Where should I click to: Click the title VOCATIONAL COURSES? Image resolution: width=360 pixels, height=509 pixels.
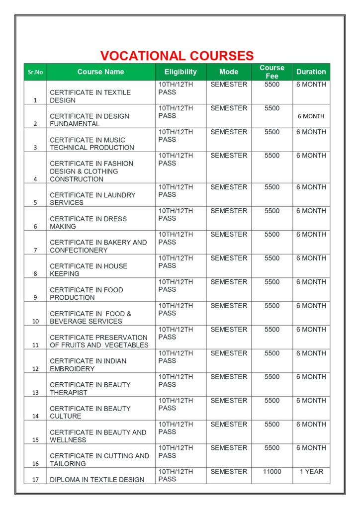(x=177, y=56)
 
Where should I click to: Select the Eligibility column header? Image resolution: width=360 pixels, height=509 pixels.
(x=180, y=72)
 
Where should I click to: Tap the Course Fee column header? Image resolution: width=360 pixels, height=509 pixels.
(x=272, y=72)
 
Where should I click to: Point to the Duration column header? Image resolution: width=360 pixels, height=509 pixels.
(x=311, y=72)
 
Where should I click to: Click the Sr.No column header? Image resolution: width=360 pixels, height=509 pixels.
(x=35, y=72)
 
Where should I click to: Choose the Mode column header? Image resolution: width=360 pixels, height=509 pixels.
(x=229, y=72)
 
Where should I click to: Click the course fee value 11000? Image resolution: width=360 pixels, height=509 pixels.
(x=272, y=471)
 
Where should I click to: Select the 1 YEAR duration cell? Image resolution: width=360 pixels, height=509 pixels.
(x=311, y=471)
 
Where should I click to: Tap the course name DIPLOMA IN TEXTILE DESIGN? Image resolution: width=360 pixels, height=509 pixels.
(x=97, y=480)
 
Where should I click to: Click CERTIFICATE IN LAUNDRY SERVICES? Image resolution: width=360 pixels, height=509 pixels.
(x=92, y=199)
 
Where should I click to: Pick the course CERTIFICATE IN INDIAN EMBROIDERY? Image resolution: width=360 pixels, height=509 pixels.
(x=88, y=365)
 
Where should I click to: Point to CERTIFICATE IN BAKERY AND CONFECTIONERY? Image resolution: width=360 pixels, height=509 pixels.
(x=98, y=246)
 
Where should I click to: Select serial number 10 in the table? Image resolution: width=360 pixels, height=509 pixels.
(x=35, y=321)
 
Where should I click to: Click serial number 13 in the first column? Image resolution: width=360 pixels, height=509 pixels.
(x=35, y=393)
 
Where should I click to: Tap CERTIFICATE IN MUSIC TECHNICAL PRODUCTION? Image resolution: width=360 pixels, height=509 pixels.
(x=92, y=144)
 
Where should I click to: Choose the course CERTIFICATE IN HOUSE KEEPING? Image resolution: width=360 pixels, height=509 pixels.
(x=89, y=270)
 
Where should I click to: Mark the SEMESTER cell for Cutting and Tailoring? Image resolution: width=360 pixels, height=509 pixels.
(x=229, y=448)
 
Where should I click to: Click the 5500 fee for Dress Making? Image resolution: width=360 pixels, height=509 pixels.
(x=272, y=211)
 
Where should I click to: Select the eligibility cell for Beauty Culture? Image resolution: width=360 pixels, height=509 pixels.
(x=176, y=404)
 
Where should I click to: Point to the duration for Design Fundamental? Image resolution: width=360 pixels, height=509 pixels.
(x=311, y=116)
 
